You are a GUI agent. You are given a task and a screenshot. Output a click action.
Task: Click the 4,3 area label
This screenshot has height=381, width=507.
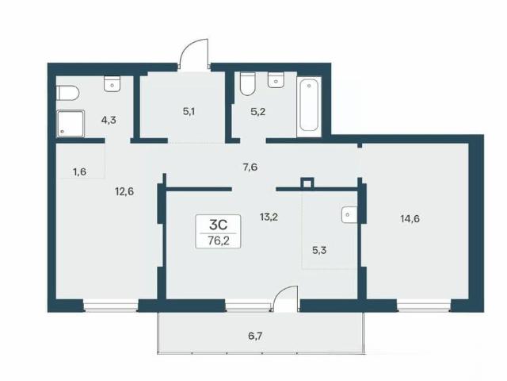pos(109,121)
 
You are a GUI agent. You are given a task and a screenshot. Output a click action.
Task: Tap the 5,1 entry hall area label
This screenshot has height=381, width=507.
pos(189,112)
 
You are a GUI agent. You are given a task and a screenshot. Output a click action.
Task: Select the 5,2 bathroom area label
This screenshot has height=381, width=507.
pos(258,112)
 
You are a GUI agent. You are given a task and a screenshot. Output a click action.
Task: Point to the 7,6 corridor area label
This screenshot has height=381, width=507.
pos(250,167)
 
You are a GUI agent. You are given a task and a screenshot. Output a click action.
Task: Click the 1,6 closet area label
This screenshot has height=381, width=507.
pos(79,171)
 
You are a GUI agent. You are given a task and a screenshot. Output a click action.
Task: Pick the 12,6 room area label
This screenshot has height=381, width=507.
pos(124,192)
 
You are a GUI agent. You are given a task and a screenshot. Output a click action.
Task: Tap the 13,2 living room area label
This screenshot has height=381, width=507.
pos(269,217)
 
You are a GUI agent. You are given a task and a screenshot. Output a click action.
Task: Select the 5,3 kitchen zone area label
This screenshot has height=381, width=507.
pos(319,250)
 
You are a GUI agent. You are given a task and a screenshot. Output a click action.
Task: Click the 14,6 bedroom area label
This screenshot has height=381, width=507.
pos(410,219)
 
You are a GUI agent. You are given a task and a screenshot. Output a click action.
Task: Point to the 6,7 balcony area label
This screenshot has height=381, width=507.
pos(255,336)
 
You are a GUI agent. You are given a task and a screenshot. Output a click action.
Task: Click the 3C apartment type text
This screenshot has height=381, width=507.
pos(219,224)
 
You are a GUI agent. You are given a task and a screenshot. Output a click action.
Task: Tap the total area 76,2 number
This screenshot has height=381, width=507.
pos(219,241)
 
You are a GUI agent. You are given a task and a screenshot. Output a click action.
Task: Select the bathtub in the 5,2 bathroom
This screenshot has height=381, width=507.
pos(309,106)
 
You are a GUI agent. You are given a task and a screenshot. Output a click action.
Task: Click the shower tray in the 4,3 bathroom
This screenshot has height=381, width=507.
pos(71,124)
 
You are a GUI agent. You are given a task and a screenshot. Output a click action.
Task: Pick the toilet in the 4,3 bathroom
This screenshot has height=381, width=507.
pos(67,93)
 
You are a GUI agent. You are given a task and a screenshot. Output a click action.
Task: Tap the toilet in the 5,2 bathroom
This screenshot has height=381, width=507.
pos(248,83)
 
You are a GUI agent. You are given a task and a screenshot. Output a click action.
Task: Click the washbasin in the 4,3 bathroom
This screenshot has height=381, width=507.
pos(112,84)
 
